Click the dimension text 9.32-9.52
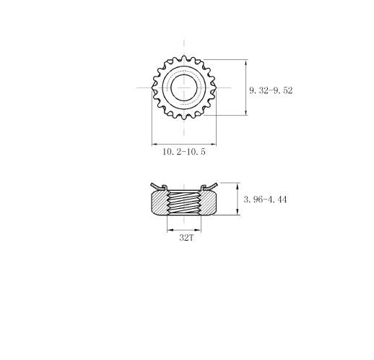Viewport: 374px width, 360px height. pyautogui.click(x=270, y=90)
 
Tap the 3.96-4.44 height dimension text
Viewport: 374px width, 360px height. pyautogui.click(x=265, y=199)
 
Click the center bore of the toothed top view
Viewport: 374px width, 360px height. pyautogui.click(x=185, y=87)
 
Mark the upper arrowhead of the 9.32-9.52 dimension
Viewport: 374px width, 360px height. pyautogui.click(x=247, y=63)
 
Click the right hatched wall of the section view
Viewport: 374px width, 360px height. pyautogui.click(x=211, y=202)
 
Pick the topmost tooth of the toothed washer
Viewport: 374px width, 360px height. pyautogui.click(x=185, y=55)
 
